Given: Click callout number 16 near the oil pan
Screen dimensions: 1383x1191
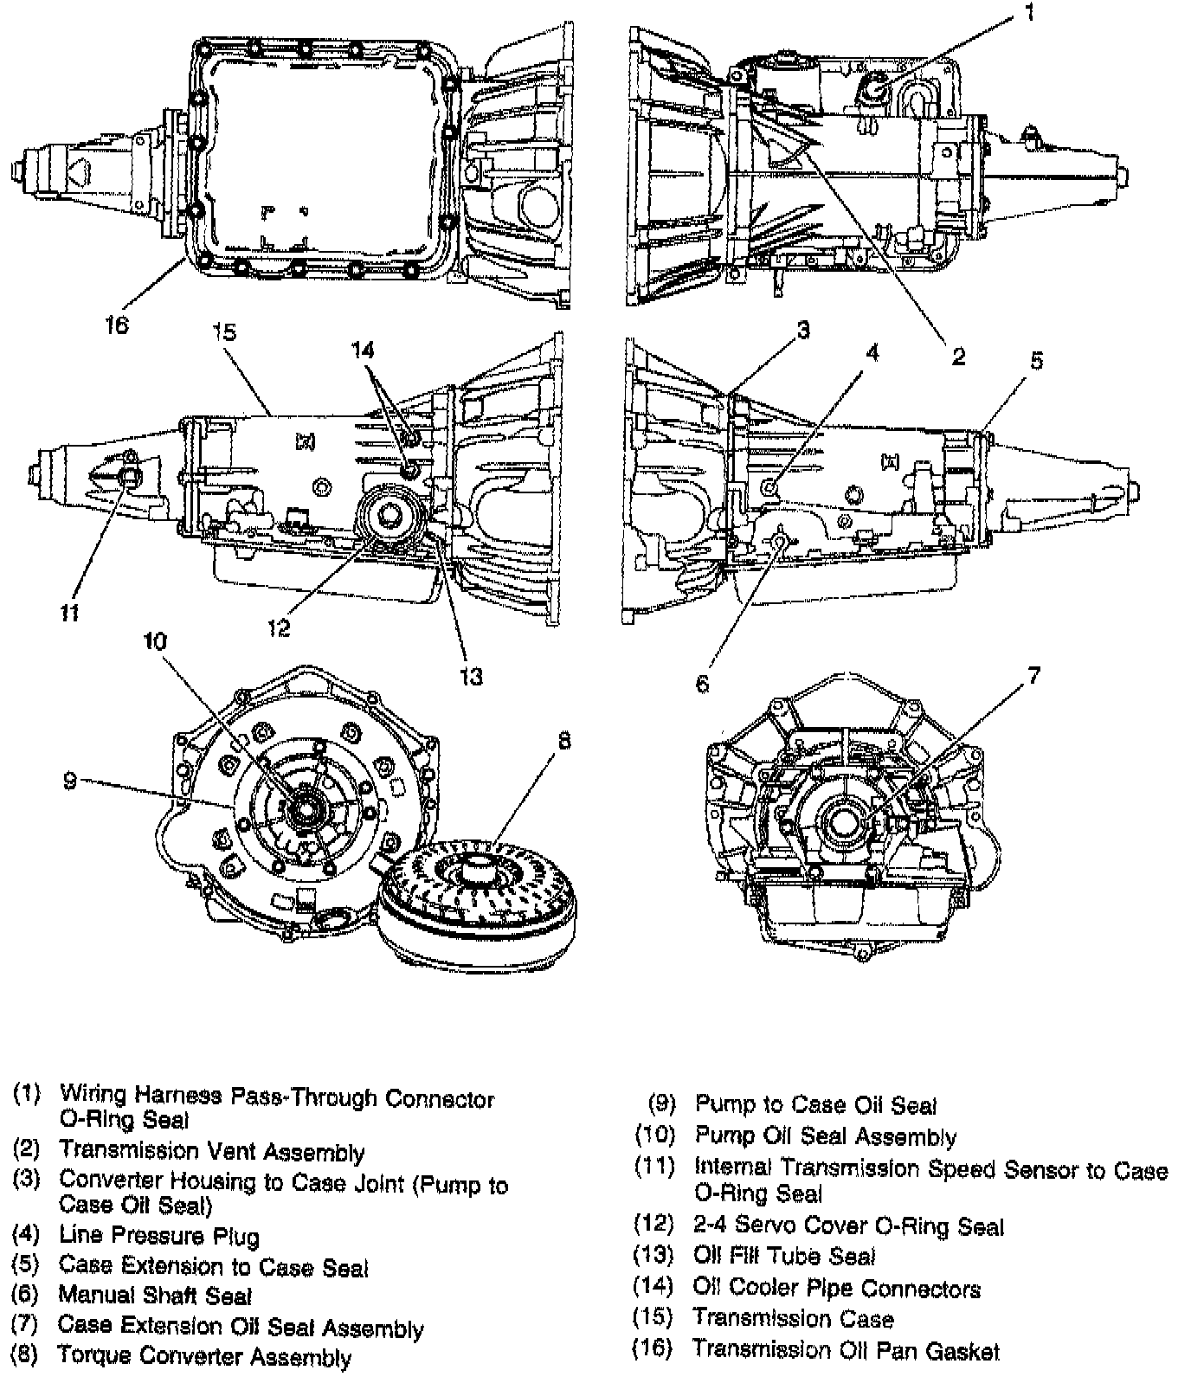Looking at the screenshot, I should click(116, 325).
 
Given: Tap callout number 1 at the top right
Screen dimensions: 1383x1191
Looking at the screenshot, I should click(1029, 13).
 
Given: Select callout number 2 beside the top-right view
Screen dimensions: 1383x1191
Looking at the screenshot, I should click(958, 356).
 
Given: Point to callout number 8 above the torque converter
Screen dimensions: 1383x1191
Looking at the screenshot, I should click(564, 742).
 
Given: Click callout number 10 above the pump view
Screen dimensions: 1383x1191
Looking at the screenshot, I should click(156, 641).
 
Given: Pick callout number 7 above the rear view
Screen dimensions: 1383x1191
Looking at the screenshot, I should click(1033, 676).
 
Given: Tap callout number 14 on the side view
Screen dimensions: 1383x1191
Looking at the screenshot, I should click(363, 350).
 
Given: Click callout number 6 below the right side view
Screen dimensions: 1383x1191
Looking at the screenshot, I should click(702, 684).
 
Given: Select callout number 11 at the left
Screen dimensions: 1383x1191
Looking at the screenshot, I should click(70, 613).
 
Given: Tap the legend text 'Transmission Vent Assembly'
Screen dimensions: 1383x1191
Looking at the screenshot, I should click(211, 1152).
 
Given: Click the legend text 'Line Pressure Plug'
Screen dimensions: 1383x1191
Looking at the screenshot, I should click(159, 1236).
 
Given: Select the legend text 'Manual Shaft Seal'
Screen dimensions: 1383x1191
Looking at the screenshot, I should click(155, 1296).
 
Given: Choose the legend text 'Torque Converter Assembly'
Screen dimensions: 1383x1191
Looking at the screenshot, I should click(204, 1356).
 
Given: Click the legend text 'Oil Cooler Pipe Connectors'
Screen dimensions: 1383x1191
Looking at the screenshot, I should click(836, 1289).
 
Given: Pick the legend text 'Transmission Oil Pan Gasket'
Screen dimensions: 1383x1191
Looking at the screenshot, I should click(846, 1350).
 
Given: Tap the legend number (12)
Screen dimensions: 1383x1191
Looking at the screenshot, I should click(653, 1225).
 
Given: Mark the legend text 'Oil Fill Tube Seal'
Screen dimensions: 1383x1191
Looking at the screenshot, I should click(784, 1256).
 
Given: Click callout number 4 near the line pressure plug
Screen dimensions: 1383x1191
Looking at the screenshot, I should click(872, 352).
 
